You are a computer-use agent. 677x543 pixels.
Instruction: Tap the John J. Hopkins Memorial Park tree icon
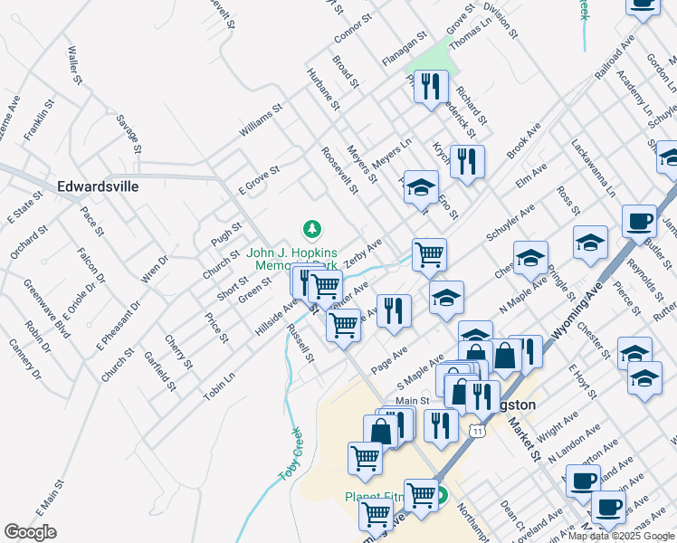click(312, 229)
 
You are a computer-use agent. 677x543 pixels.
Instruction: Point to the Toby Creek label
click(291, 454)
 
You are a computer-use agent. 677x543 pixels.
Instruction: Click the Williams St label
click(261, 120)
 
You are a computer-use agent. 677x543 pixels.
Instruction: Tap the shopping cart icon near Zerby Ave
click(429, 254)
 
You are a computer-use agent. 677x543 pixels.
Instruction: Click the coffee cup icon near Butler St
click(639, 221)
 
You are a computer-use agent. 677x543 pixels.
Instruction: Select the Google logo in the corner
click(30, 532)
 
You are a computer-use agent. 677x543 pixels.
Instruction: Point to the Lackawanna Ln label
click(593, 168)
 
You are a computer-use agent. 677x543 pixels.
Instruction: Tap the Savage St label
click(129, 133)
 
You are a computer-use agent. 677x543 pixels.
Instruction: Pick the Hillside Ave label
click(276, 319)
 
